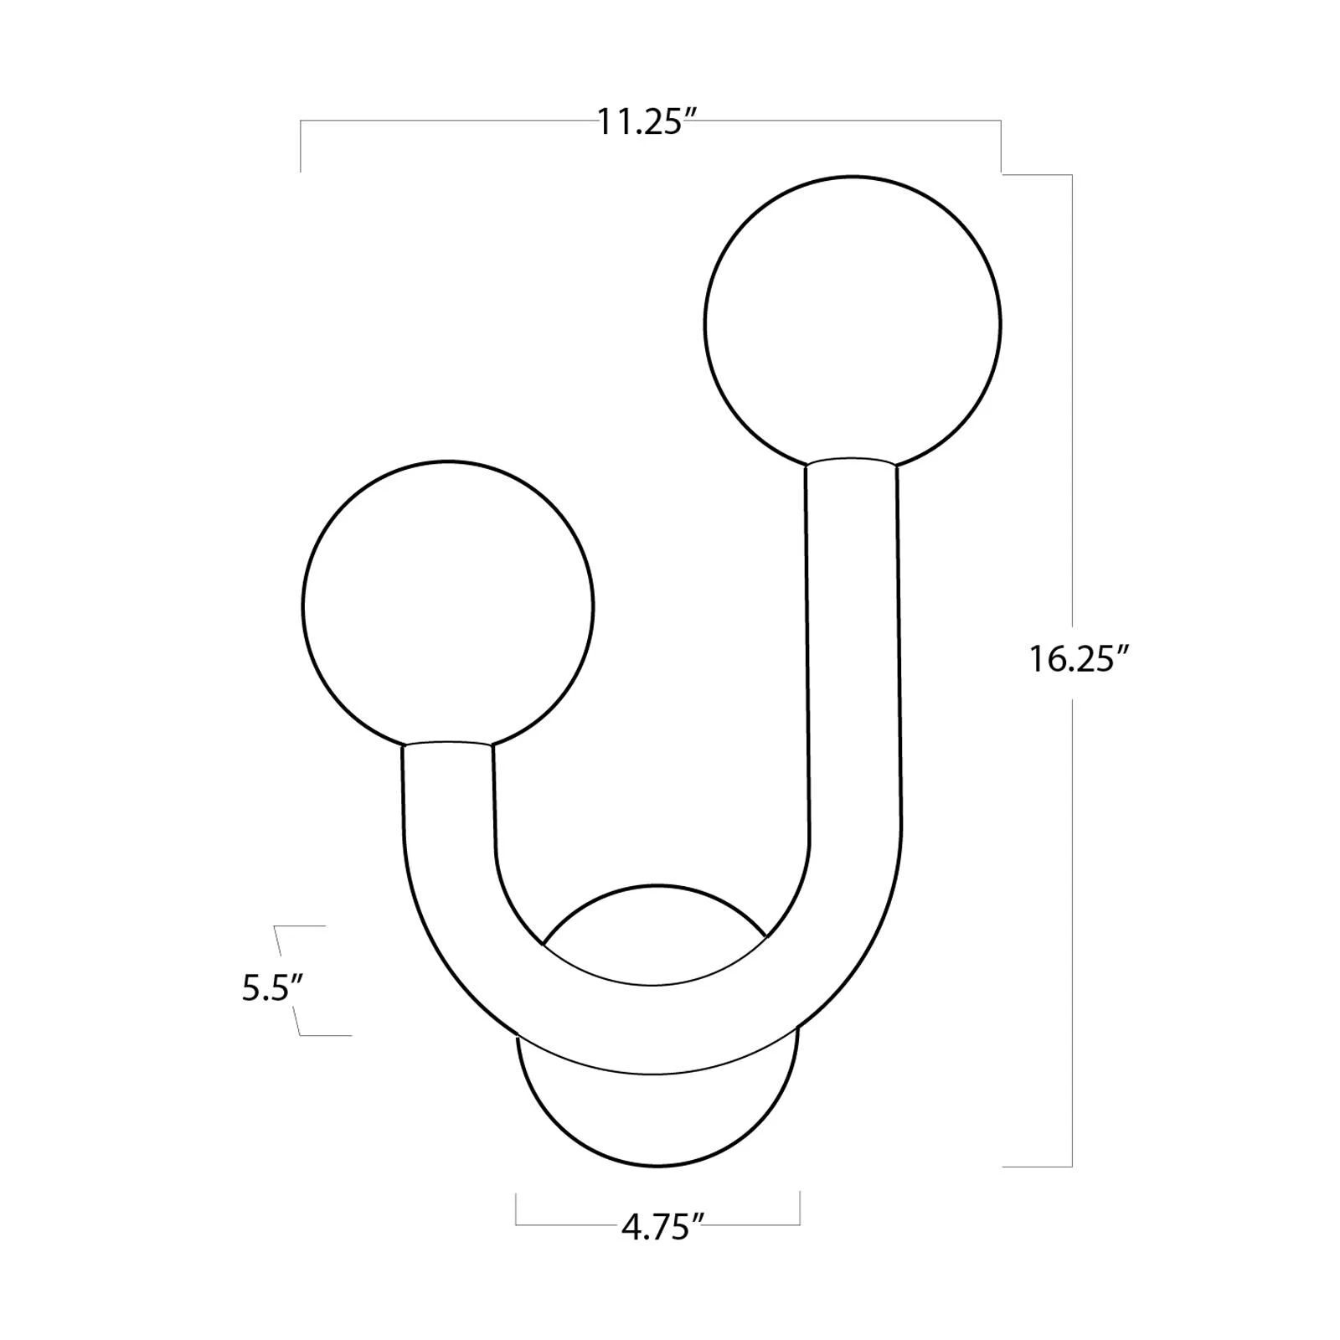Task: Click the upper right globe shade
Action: [853, 322]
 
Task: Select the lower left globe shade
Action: [447, 604]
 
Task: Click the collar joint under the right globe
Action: [852, 461]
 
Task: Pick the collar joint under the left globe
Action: [447, 744]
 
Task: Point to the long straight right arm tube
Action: [854, 653]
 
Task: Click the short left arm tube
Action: [449, 804]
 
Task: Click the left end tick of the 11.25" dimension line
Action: [301, 147]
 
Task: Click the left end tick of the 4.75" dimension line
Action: [516, 1209]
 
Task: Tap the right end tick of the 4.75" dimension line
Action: [800, 1209]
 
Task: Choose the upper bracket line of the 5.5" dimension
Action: [300, 926]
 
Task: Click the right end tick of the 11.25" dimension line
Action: [1001, 147]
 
